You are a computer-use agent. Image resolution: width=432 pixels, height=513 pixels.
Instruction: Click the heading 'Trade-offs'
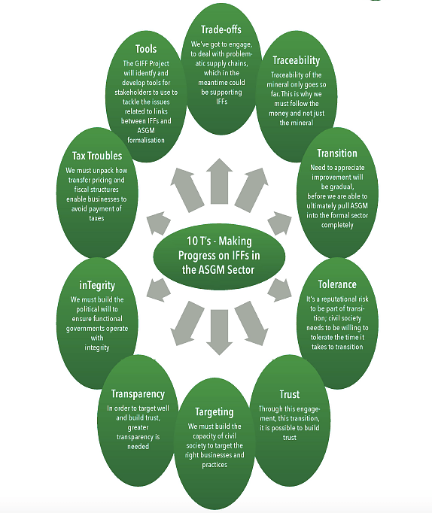point(221,30)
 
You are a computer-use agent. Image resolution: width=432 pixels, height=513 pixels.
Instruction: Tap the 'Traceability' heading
point(297,60)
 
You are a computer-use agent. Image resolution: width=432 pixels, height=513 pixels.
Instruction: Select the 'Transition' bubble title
point(337,153)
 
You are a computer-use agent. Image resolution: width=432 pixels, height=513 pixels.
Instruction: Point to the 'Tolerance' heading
point(337,284)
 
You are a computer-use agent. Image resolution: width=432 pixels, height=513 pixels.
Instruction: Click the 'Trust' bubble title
point(289,394)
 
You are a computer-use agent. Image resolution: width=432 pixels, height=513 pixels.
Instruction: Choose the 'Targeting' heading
point(214,412)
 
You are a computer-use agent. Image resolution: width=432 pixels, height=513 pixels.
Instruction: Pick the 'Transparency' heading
point(138,394)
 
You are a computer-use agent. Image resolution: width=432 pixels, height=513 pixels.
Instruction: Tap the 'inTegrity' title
point(97,285)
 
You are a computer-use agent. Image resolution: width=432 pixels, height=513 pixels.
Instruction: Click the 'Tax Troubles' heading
point(97,156)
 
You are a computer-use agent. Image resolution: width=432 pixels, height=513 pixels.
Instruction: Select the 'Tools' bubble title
point(146,49)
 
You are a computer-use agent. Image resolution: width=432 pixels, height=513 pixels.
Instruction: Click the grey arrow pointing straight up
point(219,181)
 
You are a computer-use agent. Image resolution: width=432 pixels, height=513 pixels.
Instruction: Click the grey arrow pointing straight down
point(219,332)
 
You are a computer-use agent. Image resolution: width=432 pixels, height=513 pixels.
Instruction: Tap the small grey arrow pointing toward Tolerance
point(279,290)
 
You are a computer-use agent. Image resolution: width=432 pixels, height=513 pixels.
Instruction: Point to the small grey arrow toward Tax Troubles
point(159,223)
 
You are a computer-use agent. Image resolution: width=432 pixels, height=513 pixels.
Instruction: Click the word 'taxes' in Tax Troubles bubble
point(96,218)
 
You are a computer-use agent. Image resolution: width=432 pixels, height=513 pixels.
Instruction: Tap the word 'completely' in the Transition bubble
point(337,225)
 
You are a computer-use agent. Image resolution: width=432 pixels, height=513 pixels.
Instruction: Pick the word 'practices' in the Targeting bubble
point(214,465)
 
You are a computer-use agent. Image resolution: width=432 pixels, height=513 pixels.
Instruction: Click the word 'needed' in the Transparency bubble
point(138,446)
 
